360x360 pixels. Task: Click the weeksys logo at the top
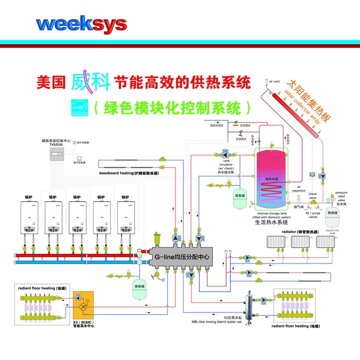click(x=81, y=23)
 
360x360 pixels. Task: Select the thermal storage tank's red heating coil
click(x=271, y=189)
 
